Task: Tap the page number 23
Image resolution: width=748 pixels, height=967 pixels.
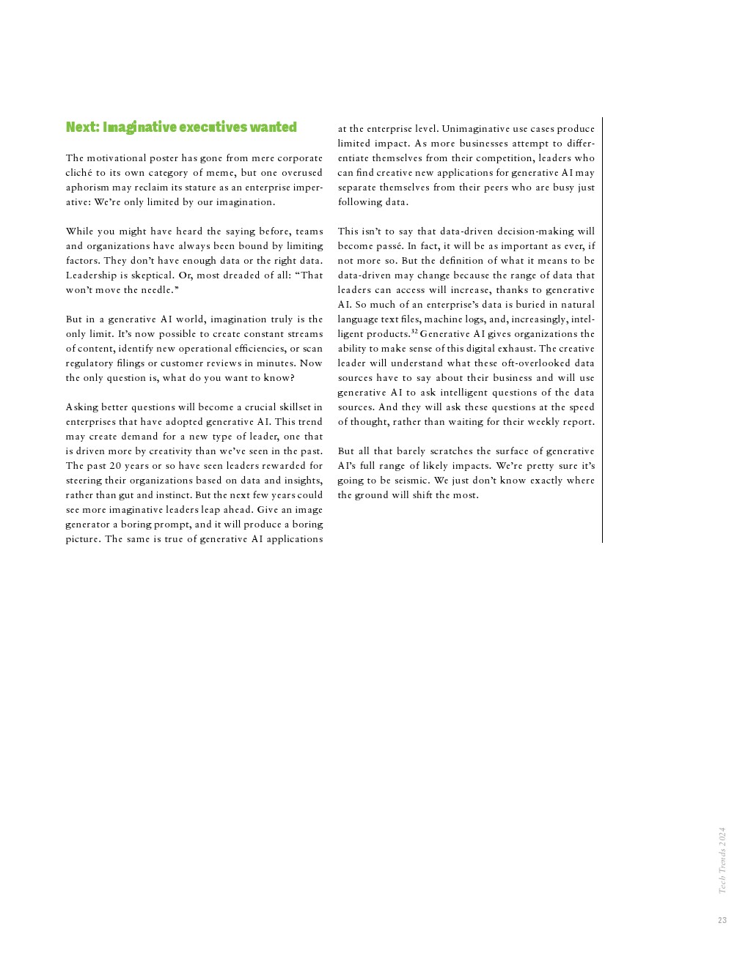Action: (x=722, y=920)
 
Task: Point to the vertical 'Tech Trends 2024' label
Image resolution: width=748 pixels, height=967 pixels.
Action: (x=722, y=860)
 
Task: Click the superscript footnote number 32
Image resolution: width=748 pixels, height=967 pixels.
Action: (x=414, y=332)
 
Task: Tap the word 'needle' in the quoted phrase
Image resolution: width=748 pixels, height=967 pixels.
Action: (x=158, y=290)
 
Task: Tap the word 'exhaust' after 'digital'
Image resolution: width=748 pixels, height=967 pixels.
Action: (x=517, y=349)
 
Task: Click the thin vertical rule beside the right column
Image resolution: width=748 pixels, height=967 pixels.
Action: (x=602, y=330)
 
